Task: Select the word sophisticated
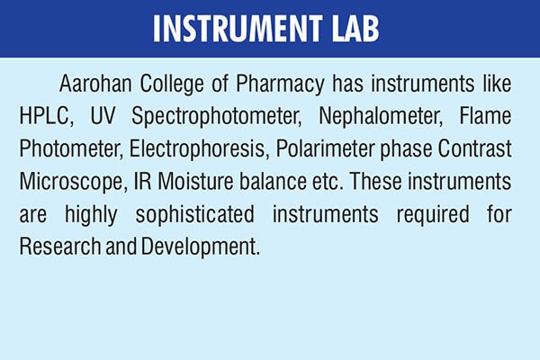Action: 205,214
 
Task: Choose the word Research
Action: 57,247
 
